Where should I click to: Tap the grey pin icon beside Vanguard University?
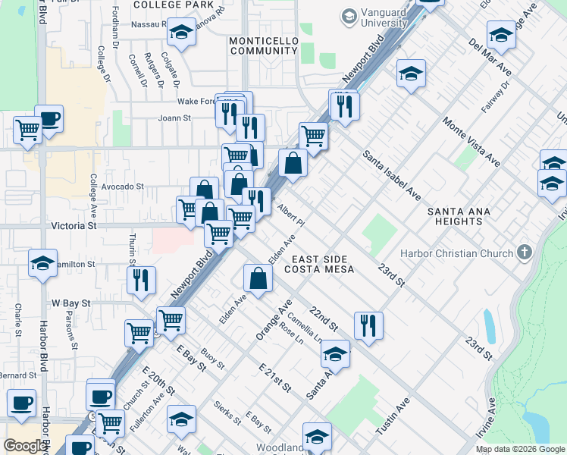coord(349,16)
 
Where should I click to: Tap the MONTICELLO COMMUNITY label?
coord(263,45)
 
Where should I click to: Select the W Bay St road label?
coord(70,303)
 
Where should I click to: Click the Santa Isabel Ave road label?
coord(391,175)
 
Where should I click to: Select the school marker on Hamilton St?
coord(42,263)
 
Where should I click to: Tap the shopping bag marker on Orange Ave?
coord(258,278)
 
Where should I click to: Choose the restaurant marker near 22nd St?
coord(368,325)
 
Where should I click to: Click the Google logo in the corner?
coord(25,446)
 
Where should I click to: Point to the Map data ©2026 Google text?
coord(520,449)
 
